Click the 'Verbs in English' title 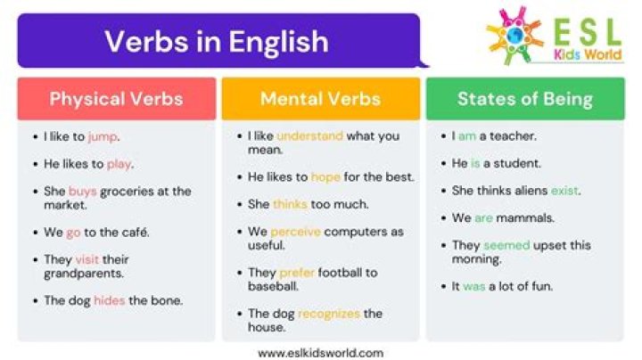[217, 41]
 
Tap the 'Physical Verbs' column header [116, 99]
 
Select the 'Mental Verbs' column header [320, 99]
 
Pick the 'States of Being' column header [524, 99]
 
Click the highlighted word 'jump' [103, 137]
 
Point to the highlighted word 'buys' [83, 192]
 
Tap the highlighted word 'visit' [87, 260]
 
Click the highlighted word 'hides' [110, 300]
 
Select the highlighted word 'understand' [309, 136]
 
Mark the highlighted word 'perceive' [295, 232]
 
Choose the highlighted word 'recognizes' [330, 314]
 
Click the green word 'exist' [564, 191]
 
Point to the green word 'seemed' [506, 245]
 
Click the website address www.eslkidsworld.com [320, 352]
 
